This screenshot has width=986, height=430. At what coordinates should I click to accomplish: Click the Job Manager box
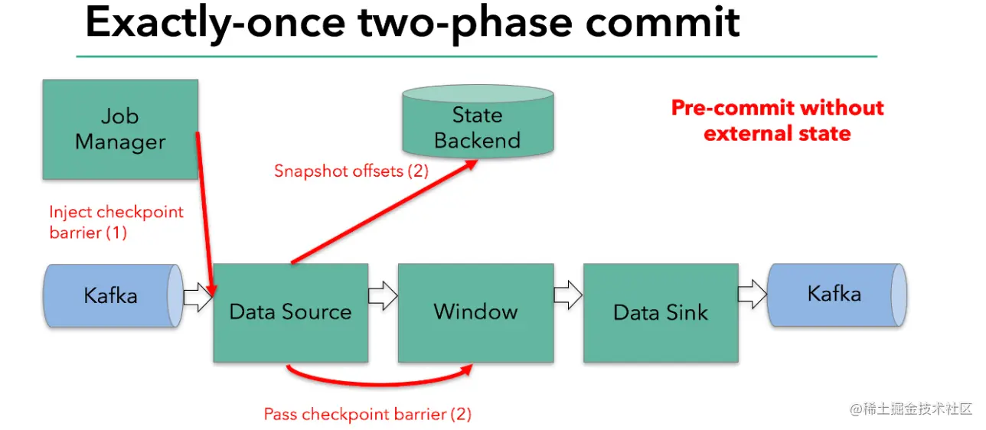(x=120, y=129)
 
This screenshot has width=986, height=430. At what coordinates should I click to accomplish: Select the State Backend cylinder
(x=477, y=122)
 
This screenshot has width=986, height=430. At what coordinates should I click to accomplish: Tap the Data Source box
(x=290, y=312)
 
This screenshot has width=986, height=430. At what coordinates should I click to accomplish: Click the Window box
(x=475, y=312)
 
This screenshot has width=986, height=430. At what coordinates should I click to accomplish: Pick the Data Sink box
(x=661, y=312)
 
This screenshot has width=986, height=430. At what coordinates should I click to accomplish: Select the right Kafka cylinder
(x=834, y=295)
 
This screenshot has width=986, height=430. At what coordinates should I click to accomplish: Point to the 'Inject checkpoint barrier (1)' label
(x=116, y=222)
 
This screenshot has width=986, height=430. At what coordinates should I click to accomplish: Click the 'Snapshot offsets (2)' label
(x=351, y=171)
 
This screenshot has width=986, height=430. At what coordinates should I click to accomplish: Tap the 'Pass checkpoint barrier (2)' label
(x=367, y=415)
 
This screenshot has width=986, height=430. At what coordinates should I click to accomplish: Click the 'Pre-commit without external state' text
(x=777, y=120)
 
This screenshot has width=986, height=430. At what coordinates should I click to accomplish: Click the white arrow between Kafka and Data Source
(x=198, y=297)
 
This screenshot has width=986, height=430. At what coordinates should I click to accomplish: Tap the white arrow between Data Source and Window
(x=383, y=295)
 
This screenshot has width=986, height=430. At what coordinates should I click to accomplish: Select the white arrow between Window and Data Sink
(x=568, y=295)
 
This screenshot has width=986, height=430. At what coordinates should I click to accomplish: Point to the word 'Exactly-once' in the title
(x=214, y=23)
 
